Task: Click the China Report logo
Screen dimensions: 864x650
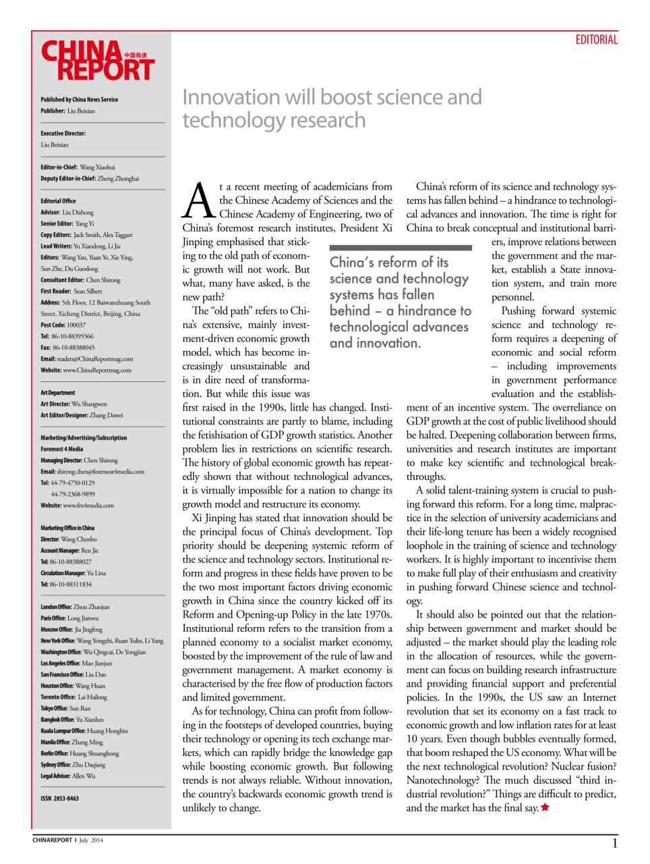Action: (x=98, y=61)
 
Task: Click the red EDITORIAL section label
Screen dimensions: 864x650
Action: (x=596, y=40)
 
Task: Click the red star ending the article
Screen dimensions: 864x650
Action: (x=545, y=807)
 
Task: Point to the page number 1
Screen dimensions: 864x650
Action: (x=614, y=843)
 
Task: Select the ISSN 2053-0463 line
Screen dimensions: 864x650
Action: (x=59, y=799)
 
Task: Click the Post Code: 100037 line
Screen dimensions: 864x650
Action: (x=63, y=325)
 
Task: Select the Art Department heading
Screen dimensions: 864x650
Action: (x=58, y=393)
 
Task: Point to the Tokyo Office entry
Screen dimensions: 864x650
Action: (x=65, y=708)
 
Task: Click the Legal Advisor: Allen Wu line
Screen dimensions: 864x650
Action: (x=67, y=776)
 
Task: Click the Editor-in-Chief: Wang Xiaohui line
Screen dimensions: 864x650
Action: (x=78, y=167)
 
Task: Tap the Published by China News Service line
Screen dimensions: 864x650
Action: (x=79, y=99)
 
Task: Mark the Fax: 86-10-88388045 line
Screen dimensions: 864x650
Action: (x=67, y=348)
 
